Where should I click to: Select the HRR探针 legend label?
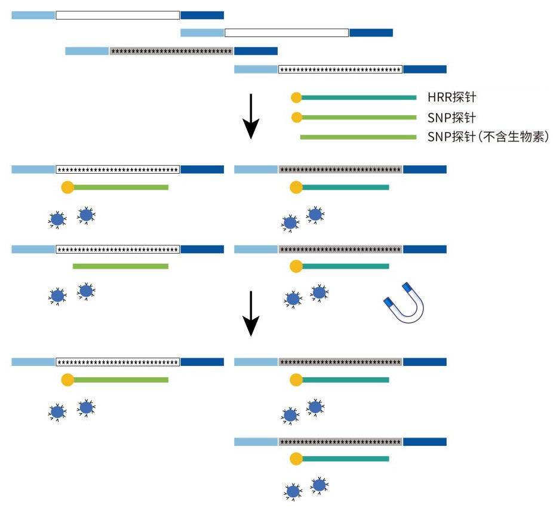tap(451, 97)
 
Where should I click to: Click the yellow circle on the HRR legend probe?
tap(296, 97)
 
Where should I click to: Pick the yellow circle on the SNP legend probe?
tap(296, 117)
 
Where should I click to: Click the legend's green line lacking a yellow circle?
tap(358, 137)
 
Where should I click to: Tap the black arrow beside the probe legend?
tap(251, 116)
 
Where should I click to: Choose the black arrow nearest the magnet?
tap(251, 313)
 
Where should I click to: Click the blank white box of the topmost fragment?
tap(118, 15)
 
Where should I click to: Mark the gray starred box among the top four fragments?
tap(171, 51)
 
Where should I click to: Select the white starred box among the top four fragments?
tap(340, 69)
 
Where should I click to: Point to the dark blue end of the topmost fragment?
tap(202, 15)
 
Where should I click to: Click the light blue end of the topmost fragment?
tap(33, 15)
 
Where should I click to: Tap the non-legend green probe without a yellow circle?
tap(120, 266)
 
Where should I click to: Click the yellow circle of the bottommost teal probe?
tap(296, 458)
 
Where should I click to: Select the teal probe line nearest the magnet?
tap(346, 266)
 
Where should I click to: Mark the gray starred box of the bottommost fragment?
tap(340, 442)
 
